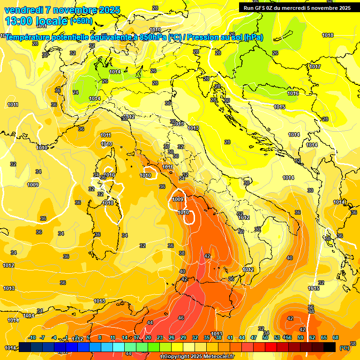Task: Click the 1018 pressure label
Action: (328, 35)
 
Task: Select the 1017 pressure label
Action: (315, 67)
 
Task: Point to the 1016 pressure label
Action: (293, 93)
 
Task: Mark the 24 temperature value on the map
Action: (75, 92)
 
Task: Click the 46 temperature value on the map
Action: (181, 318)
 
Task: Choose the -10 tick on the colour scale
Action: (32, 337)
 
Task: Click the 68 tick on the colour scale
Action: (336, 337)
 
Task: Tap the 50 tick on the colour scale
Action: (265, 337)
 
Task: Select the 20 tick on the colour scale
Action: (148, 337)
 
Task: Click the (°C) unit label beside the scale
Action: (345, 347)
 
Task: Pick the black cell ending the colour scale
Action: (330, 347)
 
